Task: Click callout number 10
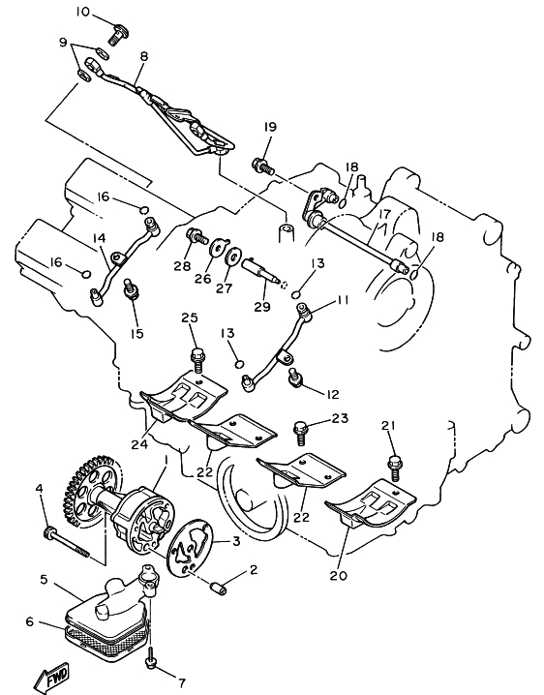[82, 12]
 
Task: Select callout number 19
[270, 127]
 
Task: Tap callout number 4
[40, 489]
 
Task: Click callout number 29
[262, 306]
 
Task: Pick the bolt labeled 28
[196, 235]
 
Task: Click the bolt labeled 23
[301, 433]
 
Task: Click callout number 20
[338, 575]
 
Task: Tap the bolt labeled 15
[132, 288]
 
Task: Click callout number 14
[100, 238]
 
